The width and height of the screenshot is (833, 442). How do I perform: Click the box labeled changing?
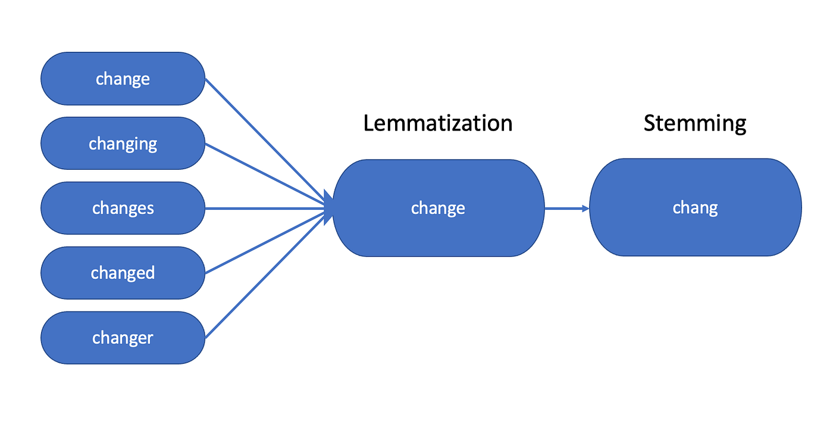click(x=123, y=144)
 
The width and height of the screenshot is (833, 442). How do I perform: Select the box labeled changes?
click(x=123, y=208)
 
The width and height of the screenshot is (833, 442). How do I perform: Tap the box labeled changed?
click(x=123, y=273)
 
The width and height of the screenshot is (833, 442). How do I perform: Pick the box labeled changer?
click(x=123, y=338)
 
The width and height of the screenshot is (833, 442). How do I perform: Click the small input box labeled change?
click(x=123, y=79)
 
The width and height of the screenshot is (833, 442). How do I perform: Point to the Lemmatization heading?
click(x=437, y=123)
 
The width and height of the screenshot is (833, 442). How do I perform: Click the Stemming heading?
click(x=694, y=123)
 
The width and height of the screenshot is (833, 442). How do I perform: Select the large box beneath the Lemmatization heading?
click(x=438, y=208)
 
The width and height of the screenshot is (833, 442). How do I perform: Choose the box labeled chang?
click(x=695, y=207)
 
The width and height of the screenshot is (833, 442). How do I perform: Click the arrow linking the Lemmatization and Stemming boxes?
click(x=565, y=208)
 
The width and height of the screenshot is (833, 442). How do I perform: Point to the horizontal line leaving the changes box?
click(x=262, y=208)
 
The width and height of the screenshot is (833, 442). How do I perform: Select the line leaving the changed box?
click(x=262, y=244)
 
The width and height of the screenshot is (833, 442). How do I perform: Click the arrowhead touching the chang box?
click(x=585, y=208)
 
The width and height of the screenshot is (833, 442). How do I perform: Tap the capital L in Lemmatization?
click(x=369, y=123)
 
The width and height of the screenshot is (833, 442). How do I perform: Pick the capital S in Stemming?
click(x=650, y=123)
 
